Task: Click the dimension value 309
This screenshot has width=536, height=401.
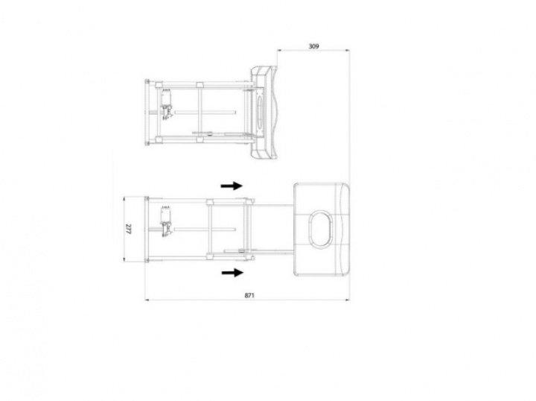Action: tap(313, 46)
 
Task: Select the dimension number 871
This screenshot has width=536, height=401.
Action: tap(249, 295)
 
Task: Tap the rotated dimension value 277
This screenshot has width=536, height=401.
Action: tap(128, 229)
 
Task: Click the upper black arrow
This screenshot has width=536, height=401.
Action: tap(232, 186)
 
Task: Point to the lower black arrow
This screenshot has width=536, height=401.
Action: tap(232, 272)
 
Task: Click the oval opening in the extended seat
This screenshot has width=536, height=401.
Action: tap(321, 229)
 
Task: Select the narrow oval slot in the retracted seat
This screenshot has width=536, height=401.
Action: tap(259, 113)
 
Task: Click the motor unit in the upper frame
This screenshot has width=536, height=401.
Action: tap(166, 103)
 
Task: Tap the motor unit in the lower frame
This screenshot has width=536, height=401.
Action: tap(166, 221)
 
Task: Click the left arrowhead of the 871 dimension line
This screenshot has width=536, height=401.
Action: tap(147, 300)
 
